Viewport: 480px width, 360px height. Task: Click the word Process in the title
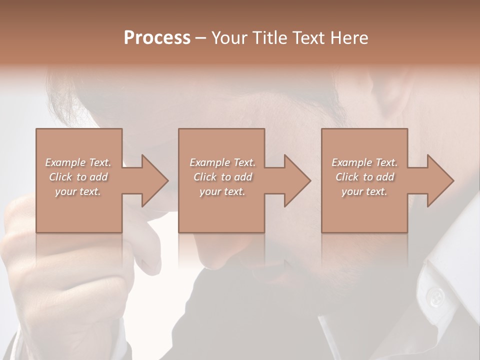pos(157,38)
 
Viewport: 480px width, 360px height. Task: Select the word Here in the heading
pos(349,38)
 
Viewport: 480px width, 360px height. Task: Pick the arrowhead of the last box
pos(438,181)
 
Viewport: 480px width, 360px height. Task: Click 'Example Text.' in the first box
pos(78,162)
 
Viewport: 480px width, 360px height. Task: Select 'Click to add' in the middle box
pos(222,177)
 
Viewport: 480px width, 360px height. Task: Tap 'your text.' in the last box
pos(364,191)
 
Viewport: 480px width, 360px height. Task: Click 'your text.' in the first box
pos(78,191)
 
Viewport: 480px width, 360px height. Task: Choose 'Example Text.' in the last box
pos(364,162)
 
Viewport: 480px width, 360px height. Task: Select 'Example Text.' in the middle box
pos(222,162)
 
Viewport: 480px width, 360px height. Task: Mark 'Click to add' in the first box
pos(78,177)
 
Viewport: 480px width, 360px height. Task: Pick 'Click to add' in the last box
pos(364,177)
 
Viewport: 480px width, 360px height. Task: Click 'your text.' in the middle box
pos(222,191)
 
